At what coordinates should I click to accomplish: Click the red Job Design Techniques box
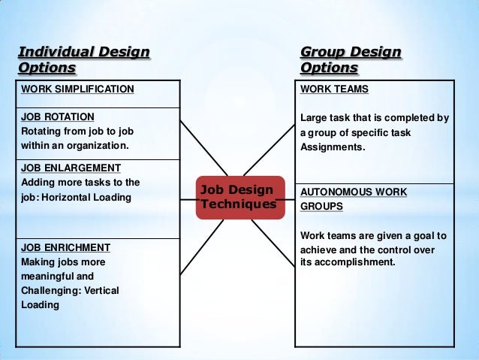point(240,198)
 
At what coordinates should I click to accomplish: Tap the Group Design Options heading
point(351,61)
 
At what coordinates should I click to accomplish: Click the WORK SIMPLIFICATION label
point(77,89)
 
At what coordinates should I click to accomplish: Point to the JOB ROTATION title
point(58,116)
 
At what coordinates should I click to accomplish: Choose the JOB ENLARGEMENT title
point(71,167)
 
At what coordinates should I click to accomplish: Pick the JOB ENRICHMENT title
point(66,247)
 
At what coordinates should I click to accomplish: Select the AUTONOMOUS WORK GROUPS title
point(354,198)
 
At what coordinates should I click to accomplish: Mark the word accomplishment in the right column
point(354,262)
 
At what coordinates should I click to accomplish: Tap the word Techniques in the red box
point(240,204)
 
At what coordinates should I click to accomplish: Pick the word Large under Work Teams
point(315,118)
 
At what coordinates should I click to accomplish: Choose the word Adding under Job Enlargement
point(38,182)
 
